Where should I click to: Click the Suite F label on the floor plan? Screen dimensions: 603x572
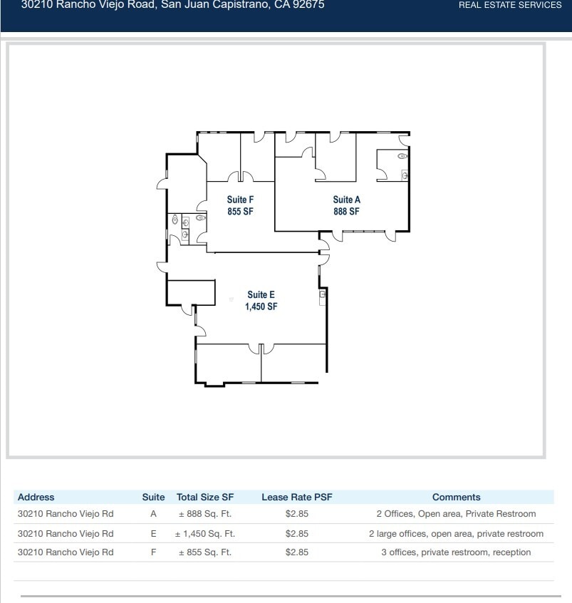click(x=240, y=200)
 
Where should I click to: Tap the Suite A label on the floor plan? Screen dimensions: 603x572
click(x=346, y=200)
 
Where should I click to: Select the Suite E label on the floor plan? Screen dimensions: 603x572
click(x=261, y=294)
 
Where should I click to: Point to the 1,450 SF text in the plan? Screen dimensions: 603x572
click(x=261, y=306)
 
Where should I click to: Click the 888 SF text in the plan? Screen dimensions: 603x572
click(x=346, y=212)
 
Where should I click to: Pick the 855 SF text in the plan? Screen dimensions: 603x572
click(x=240, y=212)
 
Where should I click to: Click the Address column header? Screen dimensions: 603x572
click(x=36, y=498)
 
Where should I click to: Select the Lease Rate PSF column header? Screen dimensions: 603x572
click(x=296, y=498)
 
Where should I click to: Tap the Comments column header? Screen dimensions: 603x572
click(x=456, y=498)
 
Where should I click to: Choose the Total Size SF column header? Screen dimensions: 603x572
click(x=205, y=498)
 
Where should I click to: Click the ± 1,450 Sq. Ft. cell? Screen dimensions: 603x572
click(x=205, y=533)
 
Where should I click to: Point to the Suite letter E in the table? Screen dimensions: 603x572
click(x=153, y=533)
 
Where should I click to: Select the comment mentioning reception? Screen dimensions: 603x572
click(x=456, y=552)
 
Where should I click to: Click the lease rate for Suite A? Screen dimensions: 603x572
click(x=296, y=514)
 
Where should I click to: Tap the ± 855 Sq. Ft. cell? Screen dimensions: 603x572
click(x=205, y=552)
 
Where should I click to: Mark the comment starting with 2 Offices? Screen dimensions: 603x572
click(x=456, y=514)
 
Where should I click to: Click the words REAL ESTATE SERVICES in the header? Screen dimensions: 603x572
click(x=509, y=5)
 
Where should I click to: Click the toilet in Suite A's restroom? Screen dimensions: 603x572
click(x=402, y=155)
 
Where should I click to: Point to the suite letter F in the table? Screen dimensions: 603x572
click(x=153, y=552)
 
